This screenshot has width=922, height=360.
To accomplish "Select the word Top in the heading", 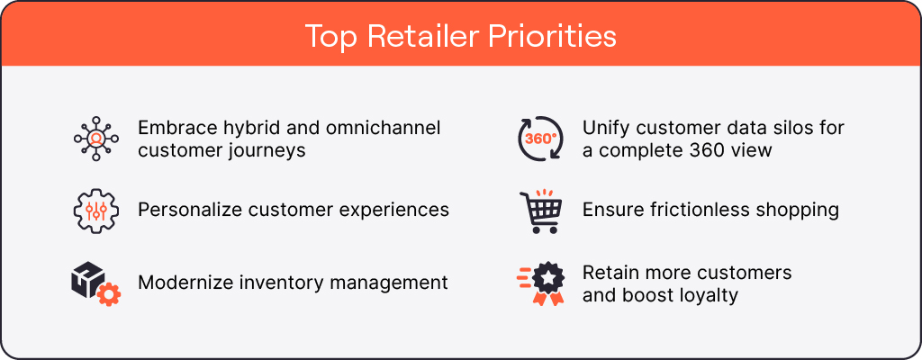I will point(330,36).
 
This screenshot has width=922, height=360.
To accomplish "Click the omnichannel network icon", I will point(95,139).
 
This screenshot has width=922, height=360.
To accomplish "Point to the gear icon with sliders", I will point(95,210).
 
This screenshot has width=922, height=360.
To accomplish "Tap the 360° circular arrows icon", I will point(540,139).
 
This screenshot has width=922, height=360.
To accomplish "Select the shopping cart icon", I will point(540,211).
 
